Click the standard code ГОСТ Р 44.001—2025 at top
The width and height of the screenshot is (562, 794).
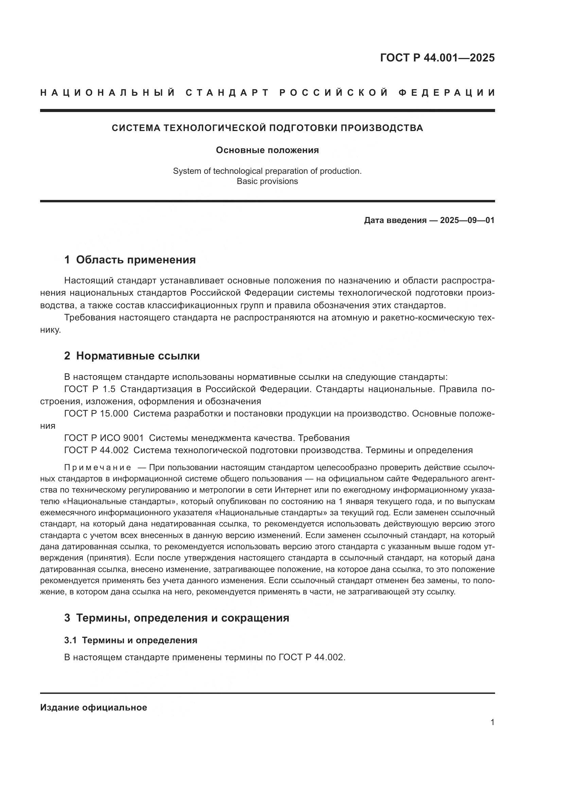[437, 58]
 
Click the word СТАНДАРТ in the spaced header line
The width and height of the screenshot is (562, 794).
[227, 93]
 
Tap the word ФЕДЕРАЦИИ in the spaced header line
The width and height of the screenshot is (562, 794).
[447, 93]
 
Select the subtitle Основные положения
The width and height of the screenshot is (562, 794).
[267, 150]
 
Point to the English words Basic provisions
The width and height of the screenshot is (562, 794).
[267, 181]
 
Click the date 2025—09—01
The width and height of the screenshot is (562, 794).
[467, 220]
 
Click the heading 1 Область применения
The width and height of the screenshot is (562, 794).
[130, 260]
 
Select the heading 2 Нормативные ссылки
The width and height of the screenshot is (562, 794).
[132, 356]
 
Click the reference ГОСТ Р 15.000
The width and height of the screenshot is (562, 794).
[96, 413]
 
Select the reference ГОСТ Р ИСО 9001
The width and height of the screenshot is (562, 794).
[104, 438]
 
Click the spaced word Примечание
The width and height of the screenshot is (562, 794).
[98, 467]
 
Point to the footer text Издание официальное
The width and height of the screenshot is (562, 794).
[93, 707]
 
